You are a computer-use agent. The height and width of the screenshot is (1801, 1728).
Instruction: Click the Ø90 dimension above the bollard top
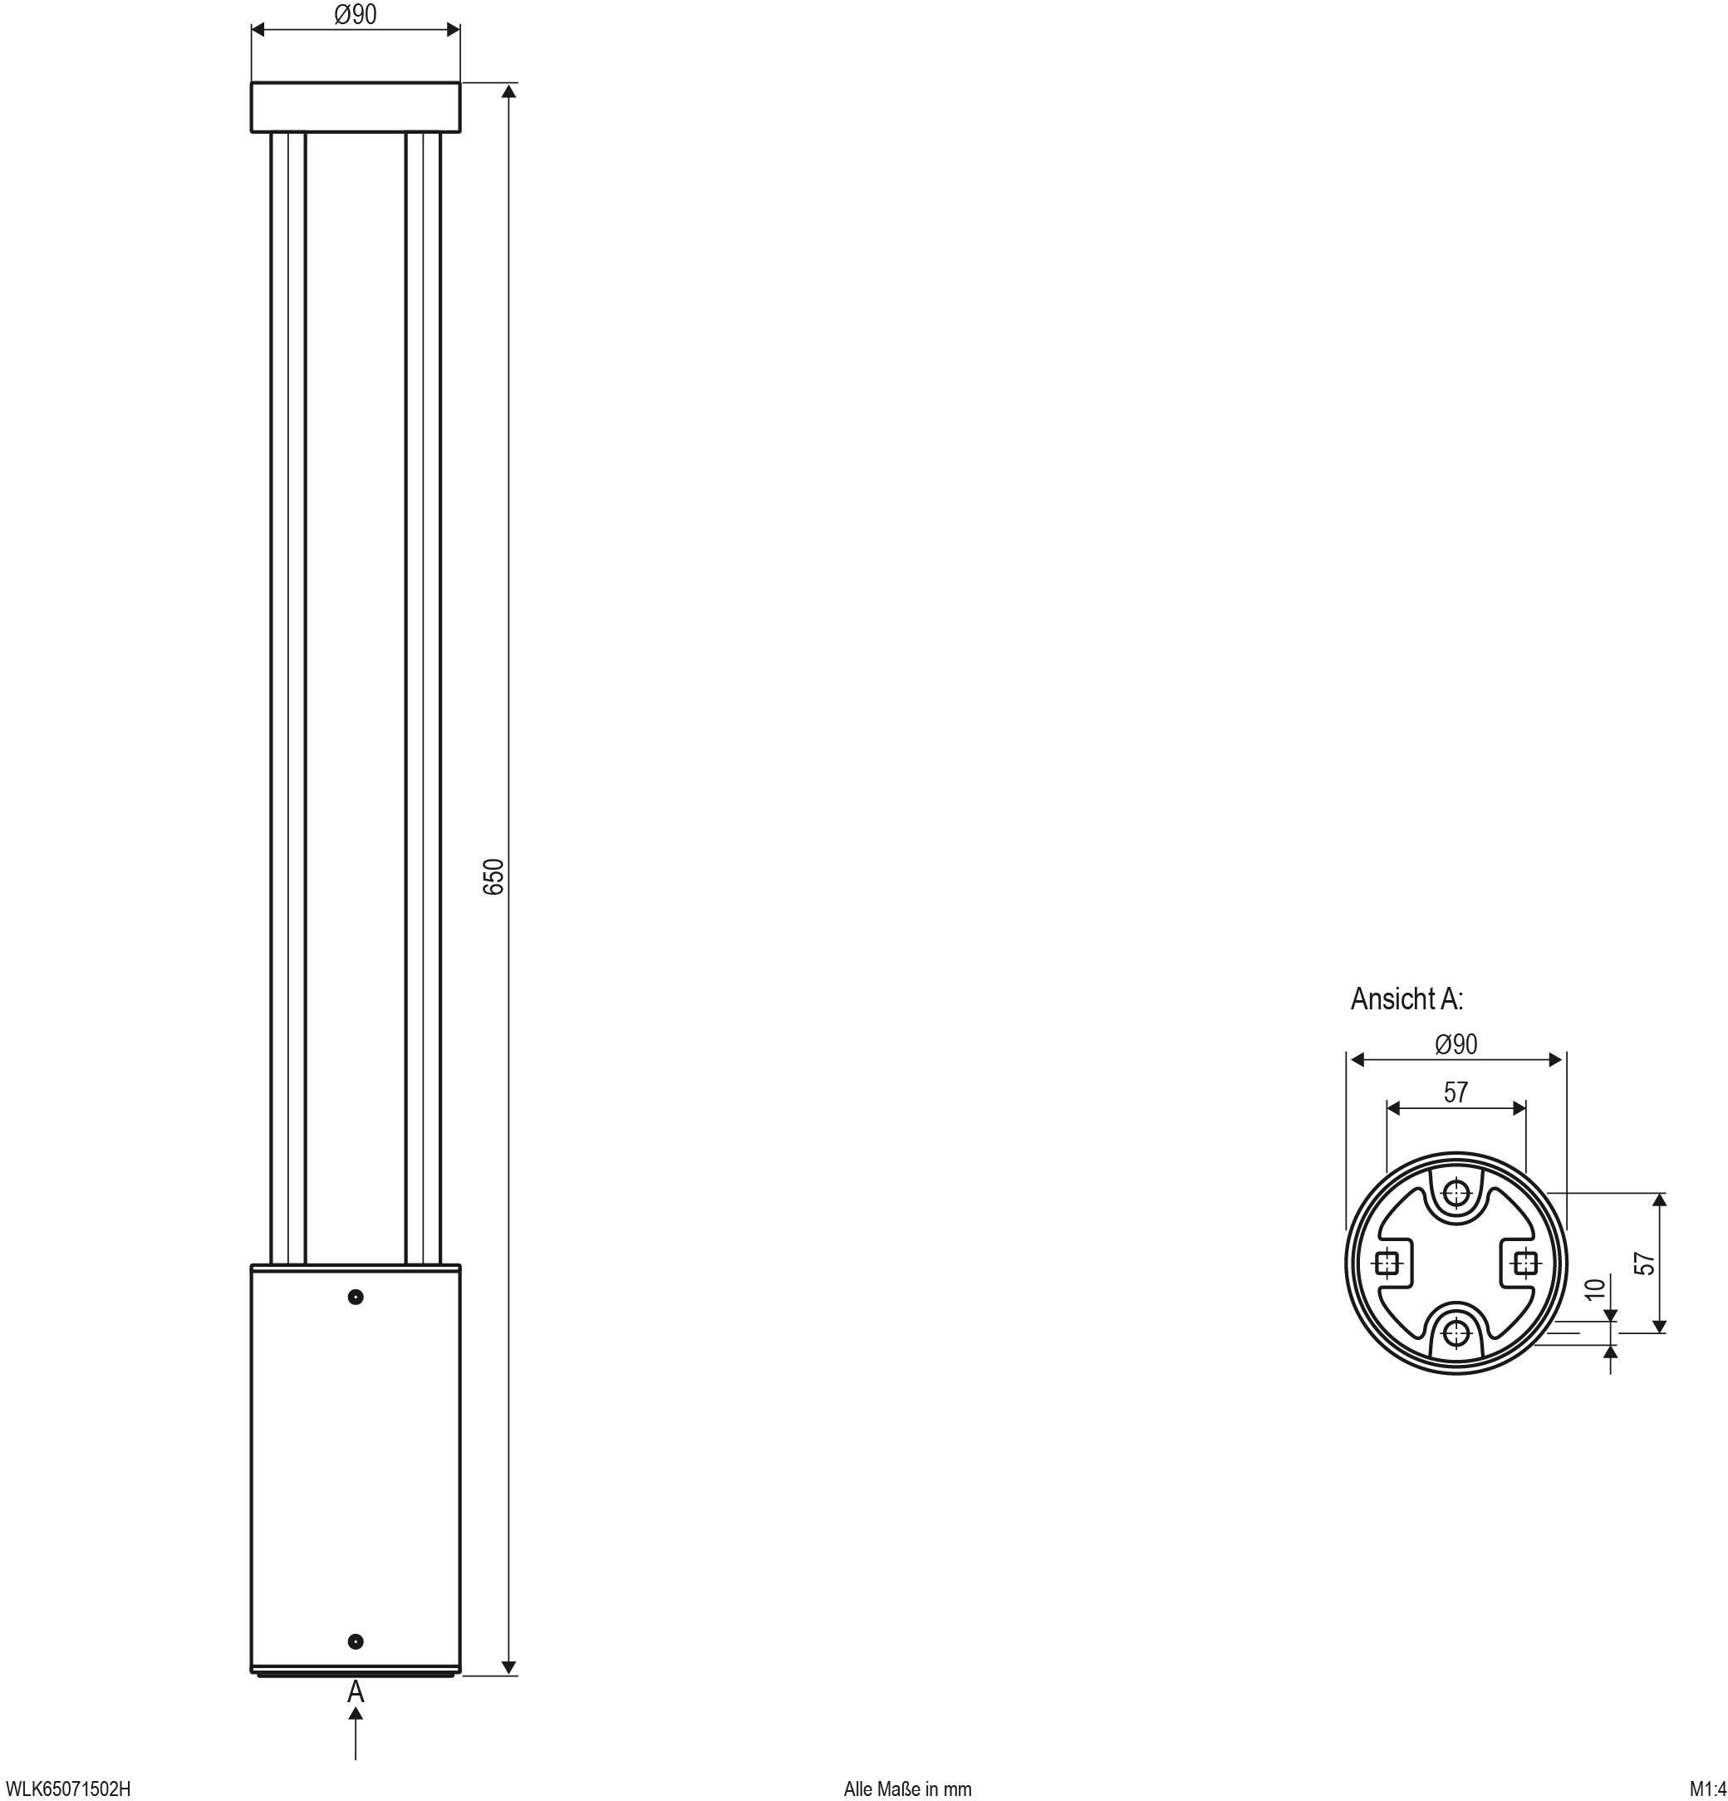(355, 15)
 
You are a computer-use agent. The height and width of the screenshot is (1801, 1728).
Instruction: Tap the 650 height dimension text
(494, 876)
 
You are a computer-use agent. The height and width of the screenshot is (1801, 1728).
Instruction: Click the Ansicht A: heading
(1406, 999)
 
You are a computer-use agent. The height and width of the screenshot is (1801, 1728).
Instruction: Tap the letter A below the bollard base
(356, 1691)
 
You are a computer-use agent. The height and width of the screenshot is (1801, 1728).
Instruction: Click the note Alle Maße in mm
(907, 1789)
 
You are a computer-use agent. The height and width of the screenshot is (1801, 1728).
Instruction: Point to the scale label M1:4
(1708, 1789)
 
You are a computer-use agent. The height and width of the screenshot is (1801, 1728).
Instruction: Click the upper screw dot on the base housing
(356, 1297)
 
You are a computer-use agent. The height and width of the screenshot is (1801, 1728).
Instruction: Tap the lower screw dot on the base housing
(356, 1642)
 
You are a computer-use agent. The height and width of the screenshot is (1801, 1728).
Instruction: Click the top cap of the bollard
(356, 107)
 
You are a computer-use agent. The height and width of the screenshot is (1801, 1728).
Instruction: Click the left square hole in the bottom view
(1387, 1264)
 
